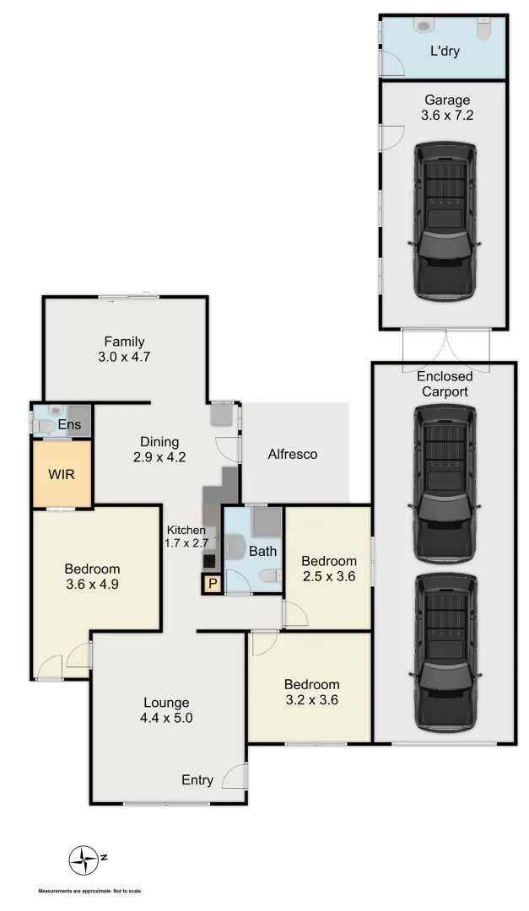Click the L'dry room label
coord(445,51)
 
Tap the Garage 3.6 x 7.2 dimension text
coord(447,116)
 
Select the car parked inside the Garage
coord(445,221)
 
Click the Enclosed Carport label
coord(442,384)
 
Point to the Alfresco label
coord(292,455)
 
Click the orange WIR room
coord(62,475)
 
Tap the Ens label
coord(69,424)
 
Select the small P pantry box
coord(212,584)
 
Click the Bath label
coord(262,552)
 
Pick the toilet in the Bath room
coord(270,577)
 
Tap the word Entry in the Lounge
coord(197,780)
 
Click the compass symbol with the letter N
coord(84,860)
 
